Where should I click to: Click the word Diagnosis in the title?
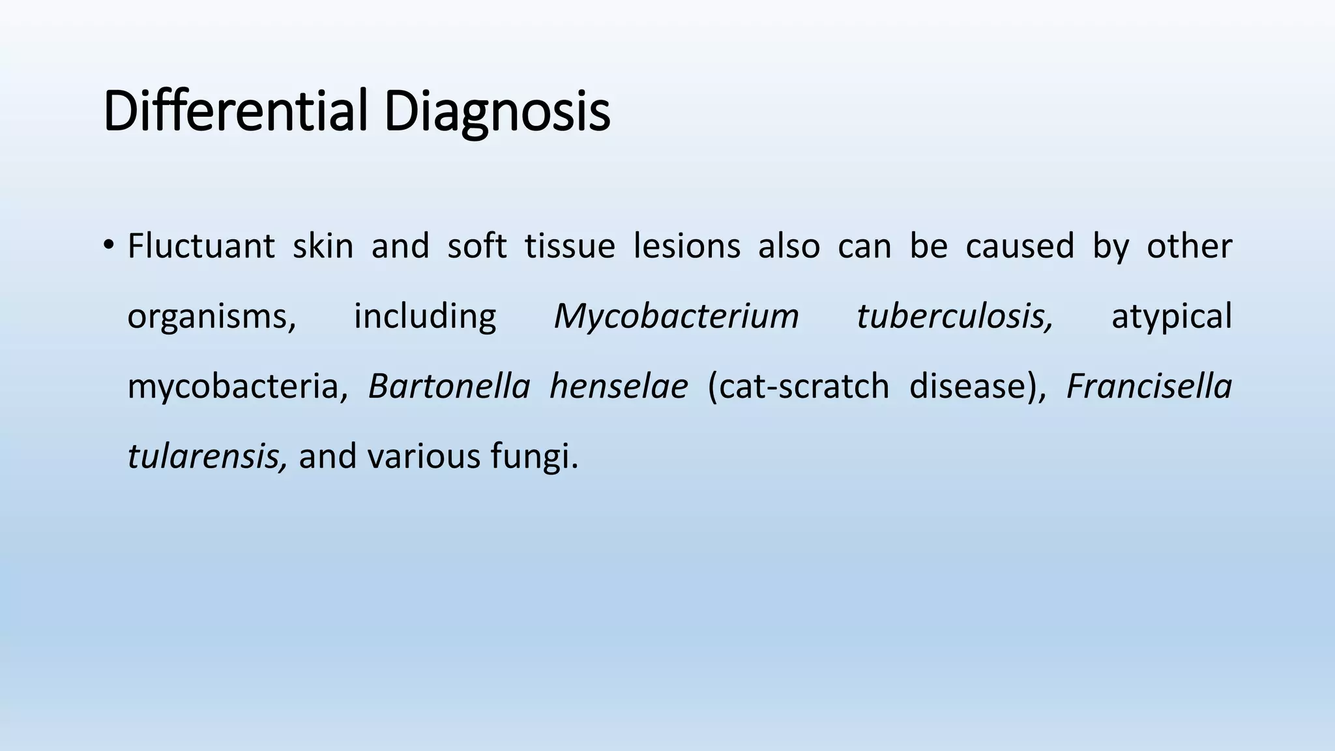497,112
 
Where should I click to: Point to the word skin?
323,246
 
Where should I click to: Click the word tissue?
570,246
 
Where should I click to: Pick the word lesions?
686,246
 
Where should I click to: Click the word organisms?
211,317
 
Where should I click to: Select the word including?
424,316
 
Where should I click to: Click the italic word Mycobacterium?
676,317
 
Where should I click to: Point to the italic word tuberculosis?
954,316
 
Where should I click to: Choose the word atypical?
1171,317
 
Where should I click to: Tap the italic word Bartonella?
449,386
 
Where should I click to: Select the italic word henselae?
618,386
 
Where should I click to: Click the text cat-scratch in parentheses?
799,386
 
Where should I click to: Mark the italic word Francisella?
1149,386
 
